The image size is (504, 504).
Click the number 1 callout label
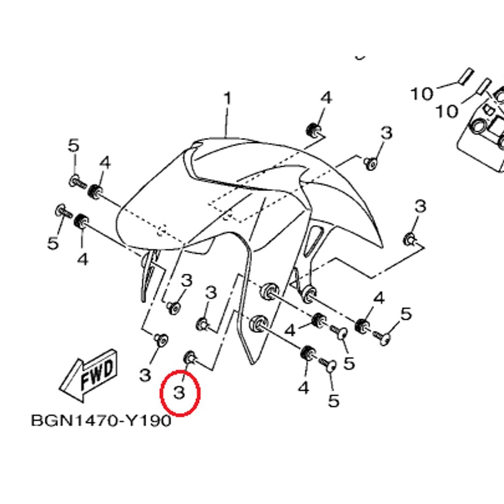(x=227, y=98)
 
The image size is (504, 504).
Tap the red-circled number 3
(x=179, y=392)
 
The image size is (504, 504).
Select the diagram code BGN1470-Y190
(x=101, y=420)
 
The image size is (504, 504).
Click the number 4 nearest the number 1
(x=326, y=97)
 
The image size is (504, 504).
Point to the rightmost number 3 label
(x=420, y=206)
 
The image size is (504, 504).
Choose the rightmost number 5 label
(x=406, y=314)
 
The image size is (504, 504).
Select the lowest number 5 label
(x=334, y=401)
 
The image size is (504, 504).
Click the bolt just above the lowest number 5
(x=328, y=365)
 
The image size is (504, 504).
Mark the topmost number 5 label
(x=74, y=146)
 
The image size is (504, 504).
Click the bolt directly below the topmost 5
(x=77, y=182)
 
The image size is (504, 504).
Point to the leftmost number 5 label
(x=53, y=243)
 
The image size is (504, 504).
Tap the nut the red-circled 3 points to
(x=190, y=358)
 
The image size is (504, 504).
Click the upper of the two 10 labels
(x=422, y=94)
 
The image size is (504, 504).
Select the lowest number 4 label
(x=303, y=388)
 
